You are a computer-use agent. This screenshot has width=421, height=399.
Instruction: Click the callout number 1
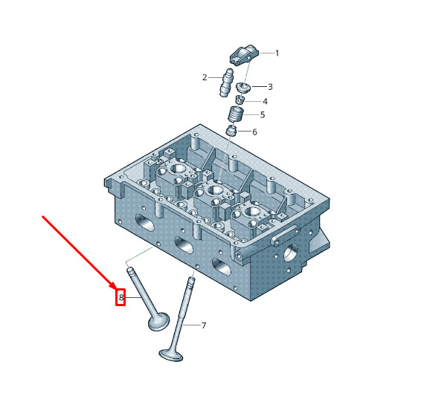pos(277,53)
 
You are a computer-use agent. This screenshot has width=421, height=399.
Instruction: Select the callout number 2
pos(205,78)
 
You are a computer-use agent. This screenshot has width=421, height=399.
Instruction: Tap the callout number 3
pos(270,87)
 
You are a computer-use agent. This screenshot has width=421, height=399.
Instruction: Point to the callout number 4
pos(265,101)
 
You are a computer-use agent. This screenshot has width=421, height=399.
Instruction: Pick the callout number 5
pos(263,114)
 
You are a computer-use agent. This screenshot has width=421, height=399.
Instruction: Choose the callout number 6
pos(254,132)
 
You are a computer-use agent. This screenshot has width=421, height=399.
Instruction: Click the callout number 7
pos(204,325)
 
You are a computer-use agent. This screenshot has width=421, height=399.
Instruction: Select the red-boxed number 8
pos(121,297)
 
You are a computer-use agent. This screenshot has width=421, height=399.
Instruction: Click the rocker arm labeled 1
pos(244,55)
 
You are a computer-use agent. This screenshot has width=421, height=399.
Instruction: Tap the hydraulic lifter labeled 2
pos(227,82)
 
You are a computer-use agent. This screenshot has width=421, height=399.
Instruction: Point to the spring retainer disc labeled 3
pos(243,88)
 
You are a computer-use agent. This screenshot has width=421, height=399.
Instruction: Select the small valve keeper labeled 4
pos(240,100)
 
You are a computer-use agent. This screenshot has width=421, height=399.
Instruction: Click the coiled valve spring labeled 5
pos(236,114)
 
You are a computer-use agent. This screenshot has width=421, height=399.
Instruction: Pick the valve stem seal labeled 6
pos(231,130)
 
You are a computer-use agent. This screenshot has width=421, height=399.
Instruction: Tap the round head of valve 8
pos(159,321)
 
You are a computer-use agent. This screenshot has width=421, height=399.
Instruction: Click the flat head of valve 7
pos(171,354)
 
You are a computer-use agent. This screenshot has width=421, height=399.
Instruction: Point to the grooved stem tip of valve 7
pos(191,282)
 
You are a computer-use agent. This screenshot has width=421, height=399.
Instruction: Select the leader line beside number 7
pos(192,325)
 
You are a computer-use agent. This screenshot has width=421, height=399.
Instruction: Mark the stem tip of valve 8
pos(130,270)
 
